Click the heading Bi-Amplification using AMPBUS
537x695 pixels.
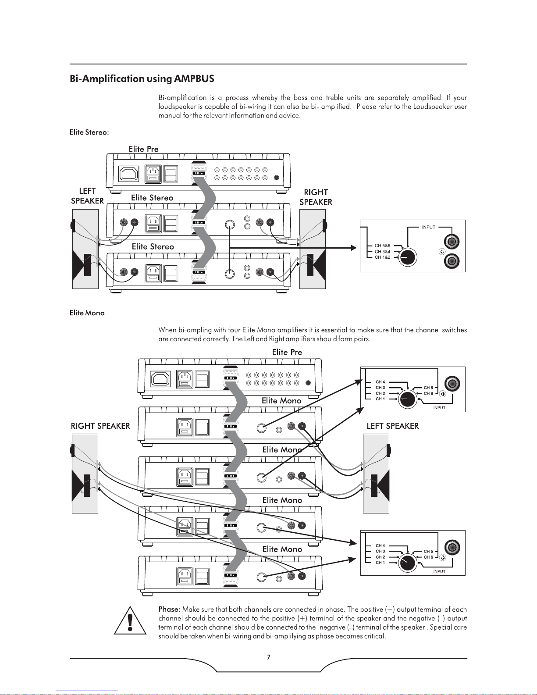pyautogui.click(x=142, y=79)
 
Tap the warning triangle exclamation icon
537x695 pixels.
pyautogui.click(x=130, y=620)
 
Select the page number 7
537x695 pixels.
pyautogui.click(x=268, y=657)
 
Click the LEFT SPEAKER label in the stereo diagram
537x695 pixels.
pyautogui.click(x=87, y=196)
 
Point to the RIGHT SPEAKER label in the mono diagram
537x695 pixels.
pyautogui.click(x=100, y=426)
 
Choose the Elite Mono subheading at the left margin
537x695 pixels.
pyautogui.click(x=87, y=313)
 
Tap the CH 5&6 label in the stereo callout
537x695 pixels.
pyautogui.click(x=382, y=246)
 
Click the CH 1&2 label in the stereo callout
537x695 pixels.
pyautogui.click(x=382, y=257)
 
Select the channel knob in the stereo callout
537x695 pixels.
pyautogui.click(x=407, y=257)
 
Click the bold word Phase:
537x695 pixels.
pyautogui.click(x=169, y=609)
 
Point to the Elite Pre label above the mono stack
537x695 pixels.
pyautogui.click(x=287, y=353)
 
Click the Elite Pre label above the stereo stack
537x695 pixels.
pyautogui.click(x=143, y=149)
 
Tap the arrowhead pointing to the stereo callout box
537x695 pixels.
pyautogui.click(x=353, y=248)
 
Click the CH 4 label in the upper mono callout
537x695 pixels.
pyautogui.click(x=380, y=382)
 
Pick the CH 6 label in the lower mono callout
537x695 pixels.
pyautogui.click(x=428, y=557)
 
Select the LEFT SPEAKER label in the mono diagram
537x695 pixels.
pyautogui.click(x=392, y=426)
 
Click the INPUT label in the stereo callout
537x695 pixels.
pyautogui.click(x=429, y=227)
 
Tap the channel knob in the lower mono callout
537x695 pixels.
pyautogui.click(x=407, y=563)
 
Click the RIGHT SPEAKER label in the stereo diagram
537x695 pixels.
pyautogui.click(x=316, y=197)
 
